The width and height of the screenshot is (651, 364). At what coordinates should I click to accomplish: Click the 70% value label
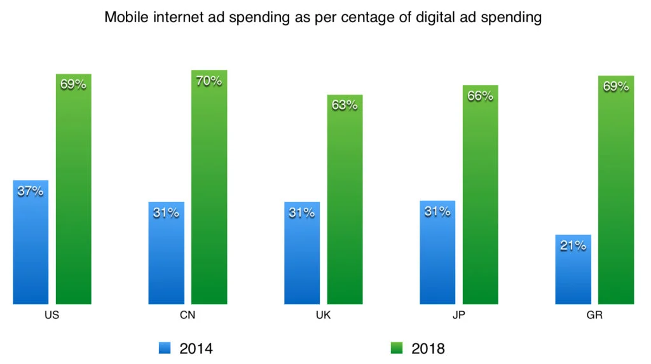click(x=209, y=81)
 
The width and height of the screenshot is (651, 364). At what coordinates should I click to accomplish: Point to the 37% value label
click(x=31, y=191)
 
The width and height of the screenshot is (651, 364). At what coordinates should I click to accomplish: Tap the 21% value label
click(x=573, y=245)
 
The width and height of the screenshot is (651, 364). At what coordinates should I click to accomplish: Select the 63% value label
click(x=345, y=105)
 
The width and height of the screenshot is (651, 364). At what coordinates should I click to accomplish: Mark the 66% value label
click(x=480, y=96)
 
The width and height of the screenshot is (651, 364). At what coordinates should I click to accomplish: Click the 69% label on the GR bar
click(x=615, y=86)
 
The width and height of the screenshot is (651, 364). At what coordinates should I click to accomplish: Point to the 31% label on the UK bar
click(x=301, y=213)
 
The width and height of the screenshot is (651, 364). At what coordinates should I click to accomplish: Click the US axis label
click(x=52, y=315)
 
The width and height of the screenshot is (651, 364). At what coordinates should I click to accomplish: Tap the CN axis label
click(x=188, y=315)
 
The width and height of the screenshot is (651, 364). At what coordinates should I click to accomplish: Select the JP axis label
click(x=458, y=315)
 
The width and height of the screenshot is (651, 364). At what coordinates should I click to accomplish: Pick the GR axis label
click(x=594, y=315)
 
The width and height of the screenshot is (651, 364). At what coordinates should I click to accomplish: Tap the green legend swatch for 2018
click(x=396, y=347)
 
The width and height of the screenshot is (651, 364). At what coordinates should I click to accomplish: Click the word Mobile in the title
click(x=125, y=18)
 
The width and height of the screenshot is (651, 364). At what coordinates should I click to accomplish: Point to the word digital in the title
click(x=417, y=18)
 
